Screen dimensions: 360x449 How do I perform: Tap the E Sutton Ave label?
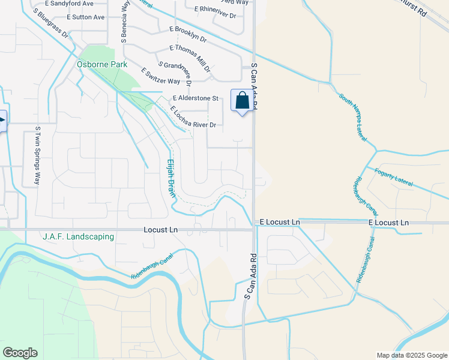(86, 17)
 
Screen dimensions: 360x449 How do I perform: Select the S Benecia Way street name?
(124, 23)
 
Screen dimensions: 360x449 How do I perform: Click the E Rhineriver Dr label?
(217, 9)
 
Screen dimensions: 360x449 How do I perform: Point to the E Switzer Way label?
(161, 76)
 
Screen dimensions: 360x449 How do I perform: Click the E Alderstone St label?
(196, 98)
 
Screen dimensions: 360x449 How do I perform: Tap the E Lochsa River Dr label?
(193, 117)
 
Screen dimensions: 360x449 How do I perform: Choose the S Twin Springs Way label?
(38, 155)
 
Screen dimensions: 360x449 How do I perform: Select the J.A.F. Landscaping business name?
(78, 237)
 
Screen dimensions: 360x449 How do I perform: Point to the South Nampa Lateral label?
(352, 117)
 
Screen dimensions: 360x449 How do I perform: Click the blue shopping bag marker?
(242, 101)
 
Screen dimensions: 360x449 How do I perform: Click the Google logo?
(20, 353)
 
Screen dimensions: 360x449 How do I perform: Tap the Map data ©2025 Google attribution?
(411, 355)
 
